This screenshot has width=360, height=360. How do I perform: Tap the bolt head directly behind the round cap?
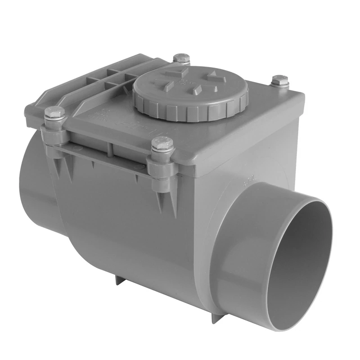point(181,58)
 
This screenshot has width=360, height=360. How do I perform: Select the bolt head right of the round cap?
point(280,81)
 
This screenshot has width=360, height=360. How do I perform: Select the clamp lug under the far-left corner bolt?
point(53,135)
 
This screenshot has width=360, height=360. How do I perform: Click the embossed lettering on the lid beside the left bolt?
point(97,115)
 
